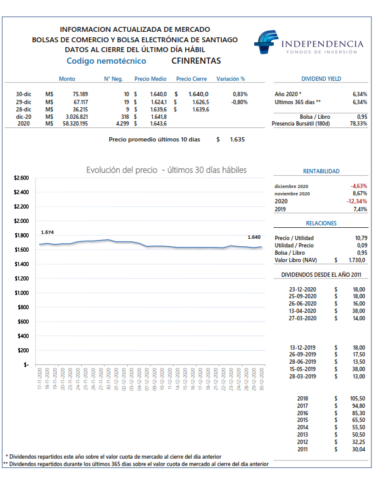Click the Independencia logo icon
pyautogui.click(x=266, y=42)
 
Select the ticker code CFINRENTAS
pyautogui.click(x=196, y=61)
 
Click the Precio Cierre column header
pyautogui.click(x=191, y=79)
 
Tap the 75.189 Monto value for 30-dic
pyautogui.click(x=80, y=94)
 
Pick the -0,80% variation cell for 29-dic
pyautogui.click(x=239, y=102)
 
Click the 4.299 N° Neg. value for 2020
pyautogui.click(x=122, y=124)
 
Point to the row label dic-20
pyautogui.click(x=23, y=117)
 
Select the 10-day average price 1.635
pyautogui.click(x=237, y=140)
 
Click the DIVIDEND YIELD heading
pyautogui.click(x=321, y=79)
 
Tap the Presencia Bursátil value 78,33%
pyautogui.click(x=359, y=124)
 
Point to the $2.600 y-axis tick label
pyautogui.click(x=21, y=178)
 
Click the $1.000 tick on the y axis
pyautogui.click(x=21, y=293)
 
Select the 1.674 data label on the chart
pyautogui.click(x=47, y=232)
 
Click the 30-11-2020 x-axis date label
pyautogui.click(x=108, y=378)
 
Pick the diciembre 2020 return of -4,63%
pyautogui.click(x=359, y=186)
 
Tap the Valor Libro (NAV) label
pyautogui.click(x=296, y=260)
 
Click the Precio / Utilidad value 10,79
pyautogui.click(x=361, y=238)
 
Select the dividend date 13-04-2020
pyautogui.click(x=302, y=311)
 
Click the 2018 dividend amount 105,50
pyautogui.click(x=358, y=399)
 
